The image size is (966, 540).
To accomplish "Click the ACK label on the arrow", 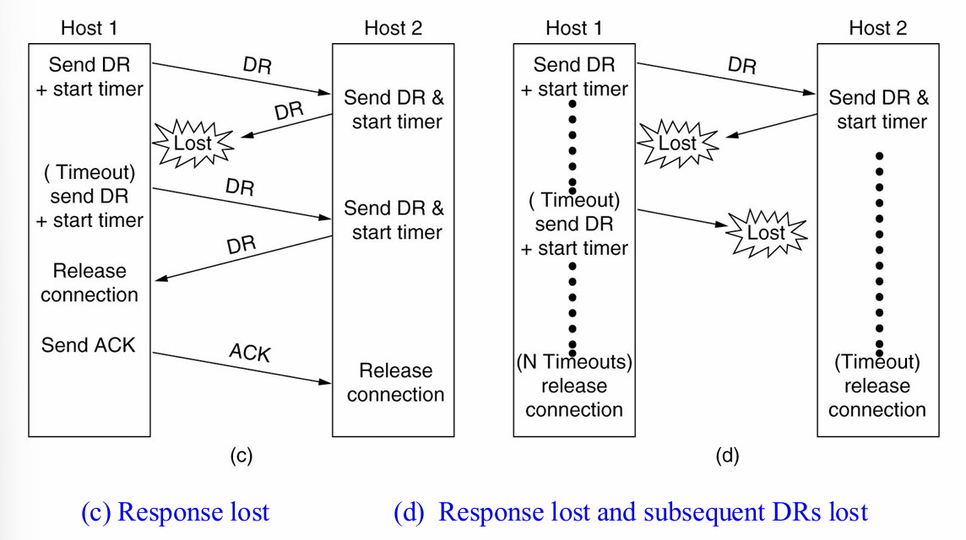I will tap(250, 353).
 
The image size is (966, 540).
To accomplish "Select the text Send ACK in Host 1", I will tap(88, 344).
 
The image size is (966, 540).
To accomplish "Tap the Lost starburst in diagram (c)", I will tap(193, 143).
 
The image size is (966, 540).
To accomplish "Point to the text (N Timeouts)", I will tap(574, 362).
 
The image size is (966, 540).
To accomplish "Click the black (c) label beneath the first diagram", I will tap(241, 456).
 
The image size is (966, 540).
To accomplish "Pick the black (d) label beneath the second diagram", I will tap(727, 456).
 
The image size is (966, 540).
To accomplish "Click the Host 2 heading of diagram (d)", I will tap(877, 28).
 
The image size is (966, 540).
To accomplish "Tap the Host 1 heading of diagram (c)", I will tap(89, 28).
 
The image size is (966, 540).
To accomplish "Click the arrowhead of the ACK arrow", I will tap(326, 382).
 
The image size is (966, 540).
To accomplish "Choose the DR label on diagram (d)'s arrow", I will tap(741, 65).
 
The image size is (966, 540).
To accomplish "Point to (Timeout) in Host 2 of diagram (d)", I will tap(877, 362).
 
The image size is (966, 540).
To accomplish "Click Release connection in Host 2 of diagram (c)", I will tap(395, 382).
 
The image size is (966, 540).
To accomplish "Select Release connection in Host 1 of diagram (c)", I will tap(89, 283).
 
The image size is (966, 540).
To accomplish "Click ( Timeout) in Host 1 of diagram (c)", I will tap(89, 173).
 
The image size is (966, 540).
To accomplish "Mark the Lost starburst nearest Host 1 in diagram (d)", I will tap(677, 143).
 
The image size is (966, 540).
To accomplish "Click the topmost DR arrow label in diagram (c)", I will tap(257, 65).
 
